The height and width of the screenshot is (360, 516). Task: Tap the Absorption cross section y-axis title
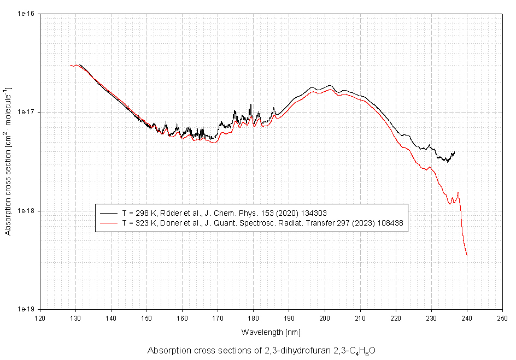(8, 161)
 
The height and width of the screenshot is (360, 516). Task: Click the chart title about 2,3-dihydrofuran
(261, 351)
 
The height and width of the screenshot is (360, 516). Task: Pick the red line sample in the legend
(109, 223)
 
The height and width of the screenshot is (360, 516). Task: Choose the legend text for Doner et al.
(262, 223)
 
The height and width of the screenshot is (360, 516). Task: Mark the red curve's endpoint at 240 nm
(467, 256)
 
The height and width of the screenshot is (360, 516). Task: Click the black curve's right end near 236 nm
(454, 152)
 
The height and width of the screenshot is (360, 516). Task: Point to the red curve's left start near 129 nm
(71, 65)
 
